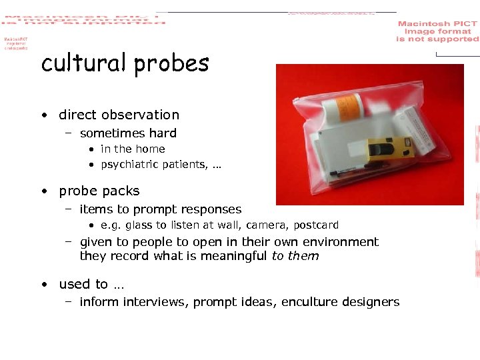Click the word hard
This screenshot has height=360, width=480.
point(164,133)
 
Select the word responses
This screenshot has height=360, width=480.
point(209,209)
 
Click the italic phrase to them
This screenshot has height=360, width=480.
point(295,256)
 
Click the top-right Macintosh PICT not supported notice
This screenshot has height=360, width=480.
point(437,31)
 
